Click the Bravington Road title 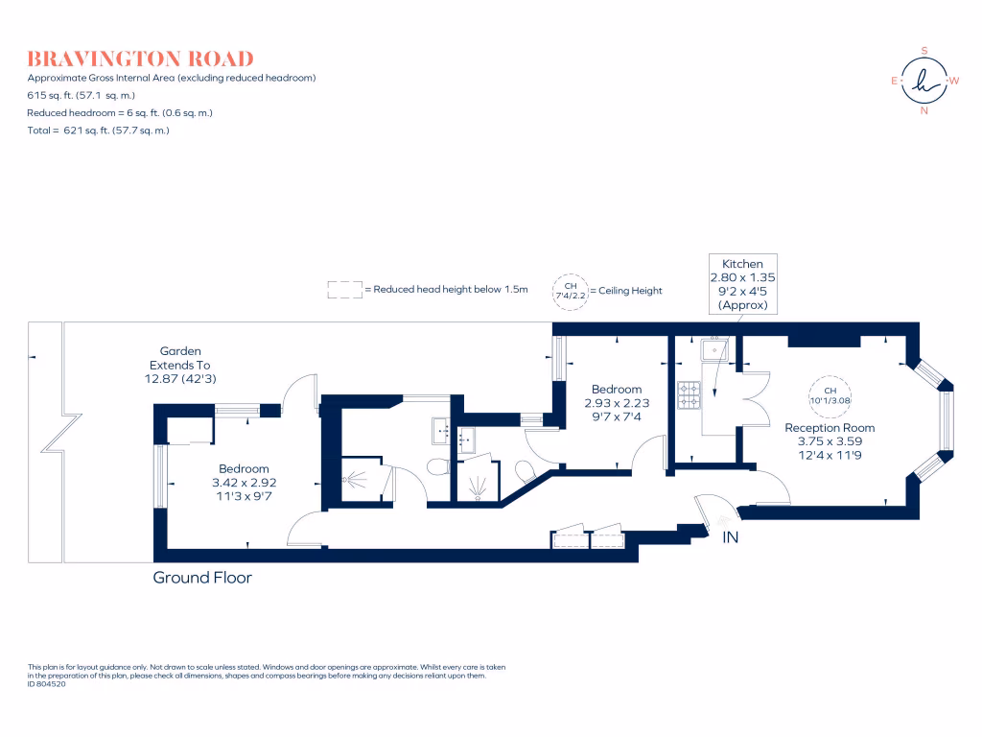pos(140,59)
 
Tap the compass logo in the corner pos(924,81)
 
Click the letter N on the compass pos(924,110)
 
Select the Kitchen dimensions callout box pos(742,284)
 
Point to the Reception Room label pos(830,428)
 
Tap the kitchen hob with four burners pos(689,393)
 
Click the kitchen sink pos(715,351)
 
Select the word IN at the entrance pos(731,537)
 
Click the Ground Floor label pos(202,578)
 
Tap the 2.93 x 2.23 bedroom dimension pos(616,403)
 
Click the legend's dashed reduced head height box pos(342,290)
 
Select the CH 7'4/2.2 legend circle pos(570,290)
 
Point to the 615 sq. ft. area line pos(82,95)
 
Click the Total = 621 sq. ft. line pos(99,130)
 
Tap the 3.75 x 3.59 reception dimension pos(830,441)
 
